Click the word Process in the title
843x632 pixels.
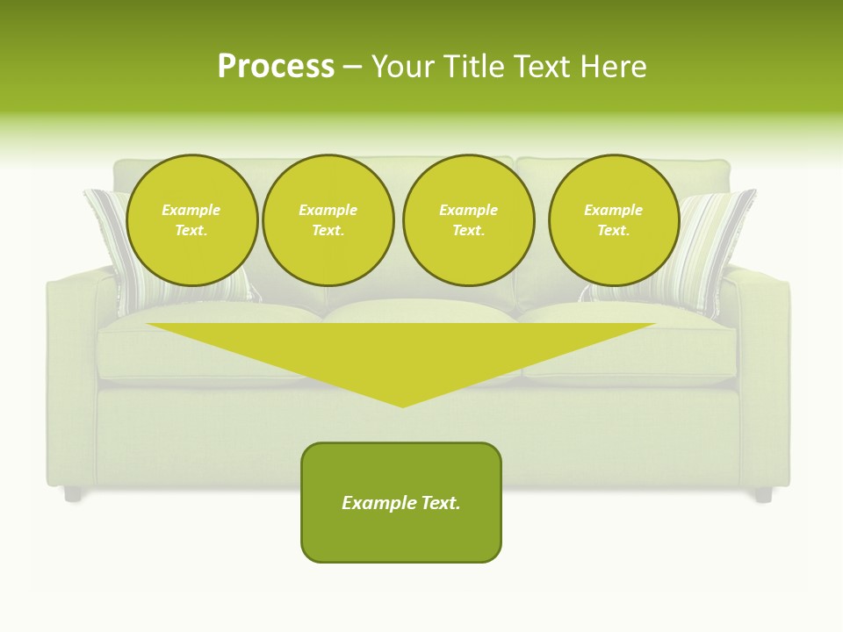276,67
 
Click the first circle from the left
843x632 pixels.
192,220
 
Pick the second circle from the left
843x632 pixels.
328,220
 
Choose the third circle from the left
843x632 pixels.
469,220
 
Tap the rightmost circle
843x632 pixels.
614,220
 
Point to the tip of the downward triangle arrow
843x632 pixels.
402,405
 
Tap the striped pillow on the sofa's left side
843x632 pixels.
110,237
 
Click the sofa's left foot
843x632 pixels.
73,494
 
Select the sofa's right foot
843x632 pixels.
763,495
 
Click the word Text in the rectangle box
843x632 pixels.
439,503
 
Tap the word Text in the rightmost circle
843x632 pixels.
613,230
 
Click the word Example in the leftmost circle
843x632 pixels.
191,210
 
